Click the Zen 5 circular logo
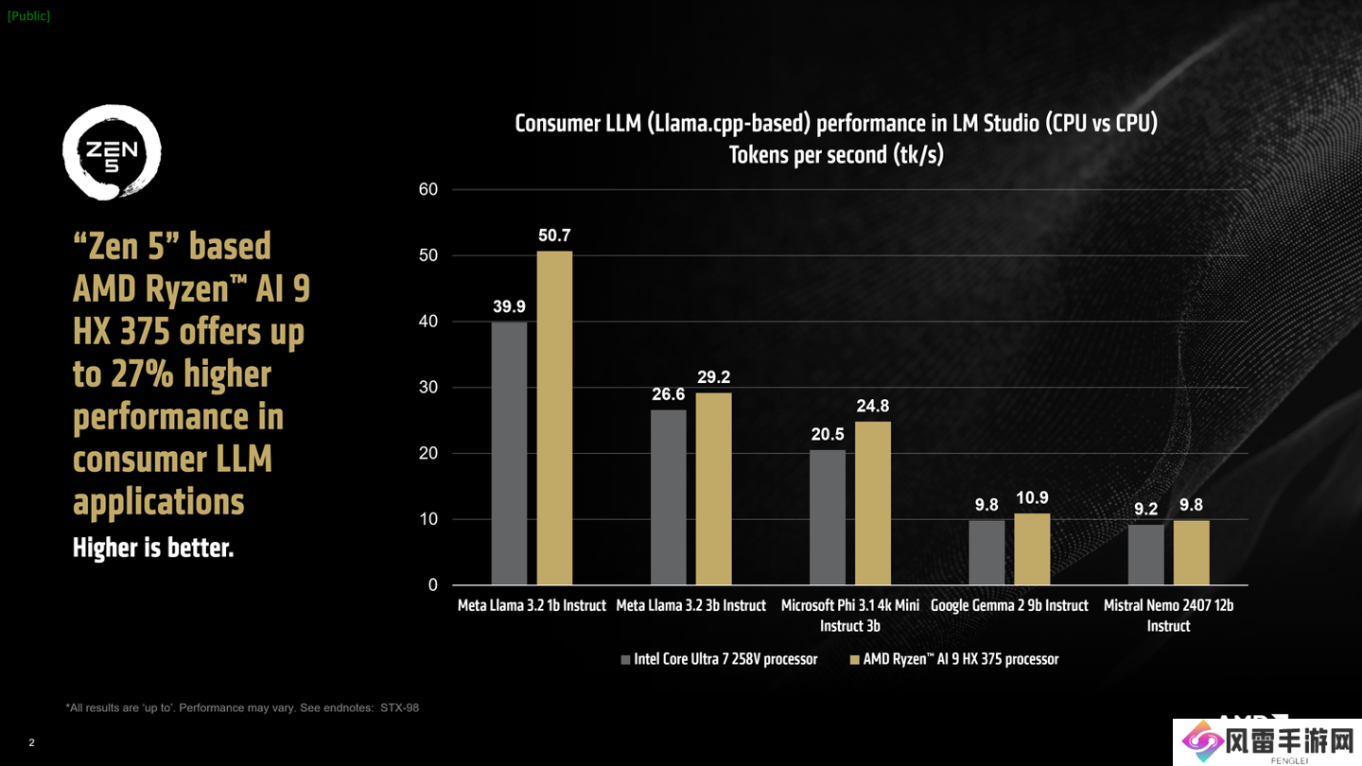(112, 152)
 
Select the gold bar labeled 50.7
(554, 417)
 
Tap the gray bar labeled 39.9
(509, 453)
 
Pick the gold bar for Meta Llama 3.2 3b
(713, 488)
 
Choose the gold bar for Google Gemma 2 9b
(1032, 548)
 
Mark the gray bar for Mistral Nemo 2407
(1145, 554)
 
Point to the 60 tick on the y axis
(428, 190)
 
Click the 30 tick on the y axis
(428, 388)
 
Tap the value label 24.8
(873, 407)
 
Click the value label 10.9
(1032, 498)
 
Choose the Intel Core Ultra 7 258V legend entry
(719, 659)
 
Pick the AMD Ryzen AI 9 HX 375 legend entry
(954, 659)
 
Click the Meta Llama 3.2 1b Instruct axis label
(532, 605)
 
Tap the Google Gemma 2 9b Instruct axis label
(1009, 605)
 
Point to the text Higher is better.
(153, 548)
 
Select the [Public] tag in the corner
(28, 16)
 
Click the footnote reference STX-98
(399, 707)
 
